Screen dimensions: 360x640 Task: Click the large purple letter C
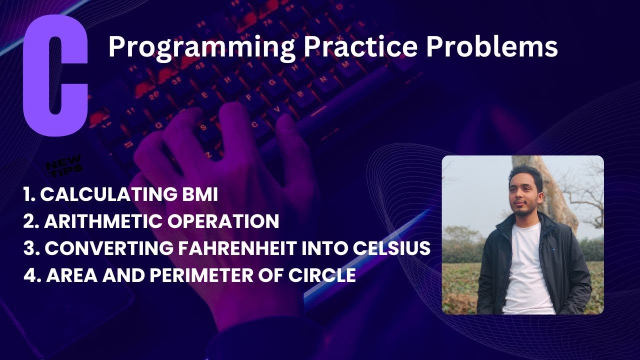click(55, 75)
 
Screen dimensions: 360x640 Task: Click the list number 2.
click(29, 221)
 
